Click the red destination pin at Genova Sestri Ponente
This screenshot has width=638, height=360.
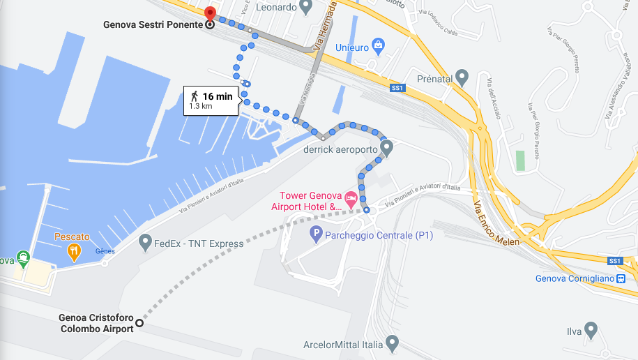point(209,13)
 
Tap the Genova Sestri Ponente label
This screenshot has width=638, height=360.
point(153,24)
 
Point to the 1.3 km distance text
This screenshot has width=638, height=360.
point(201,107)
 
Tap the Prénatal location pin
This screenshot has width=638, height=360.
point(462,76)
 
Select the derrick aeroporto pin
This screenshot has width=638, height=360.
point(387,147)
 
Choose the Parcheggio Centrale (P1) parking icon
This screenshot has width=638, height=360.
point(316,235)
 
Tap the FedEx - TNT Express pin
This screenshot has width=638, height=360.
point(145,243)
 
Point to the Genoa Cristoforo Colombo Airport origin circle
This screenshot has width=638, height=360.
point(139,322)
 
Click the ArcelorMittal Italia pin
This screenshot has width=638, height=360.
point(392,343)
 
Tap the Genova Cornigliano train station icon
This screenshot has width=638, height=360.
point(621,279)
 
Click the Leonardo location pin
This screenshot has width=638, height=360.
point(305,7)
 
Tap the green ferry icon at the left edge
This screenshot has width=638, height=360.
point(23,256)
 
